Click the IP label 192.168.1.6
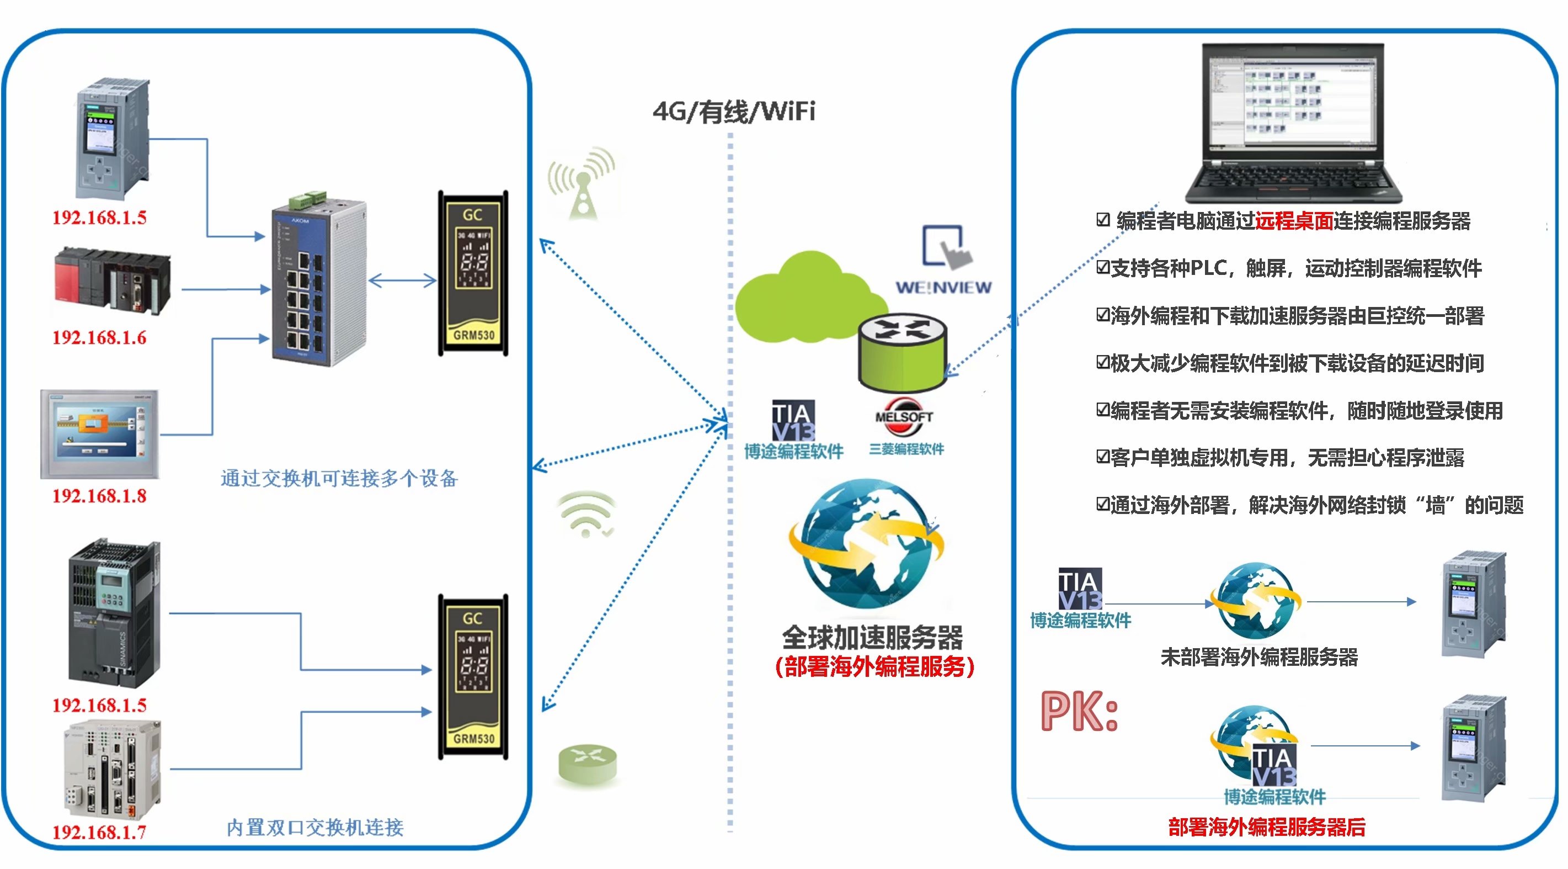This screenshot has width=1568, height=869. click(x=99, y=337)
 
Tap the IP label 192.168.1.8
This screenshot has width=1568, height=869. click(x=99, y=496)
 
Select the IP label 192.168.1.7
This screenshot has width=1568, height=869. click(x=99, y=831)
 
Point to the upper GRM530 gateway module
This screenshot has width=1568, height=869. click(x=473, y=273)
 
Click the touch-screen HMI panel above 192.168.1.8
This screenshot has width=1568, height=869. click(x=100, y=433)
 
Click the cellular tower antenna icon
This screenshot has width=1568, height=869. click(x=582, y=183)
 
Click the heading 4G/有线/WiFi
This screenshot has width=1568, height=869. click(x=733, y=112)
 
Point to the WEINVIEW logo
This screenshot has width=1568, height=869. click(x=943, y=287)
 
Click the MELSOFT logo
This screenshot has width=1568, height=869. click(x=904, y=416)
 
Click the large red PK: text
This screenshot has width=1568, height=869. click(x=1079, y=711)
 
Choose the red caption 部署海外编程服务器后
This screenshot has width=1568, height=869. click(x=1267, y=826)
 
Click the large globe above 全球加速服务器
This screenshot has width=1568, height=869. click(x=867, y=544)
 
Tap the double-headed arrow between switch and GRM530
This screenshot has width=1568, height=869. click(x=403, y=280)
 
